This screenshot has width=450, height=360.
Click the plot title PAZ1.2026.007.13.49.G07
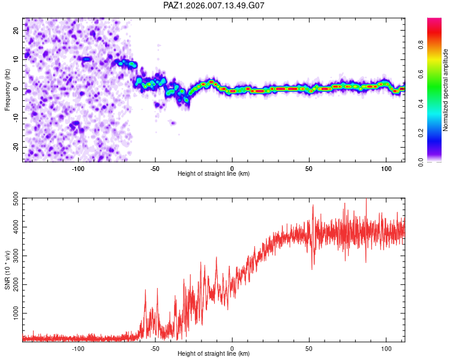(x=214, y=5)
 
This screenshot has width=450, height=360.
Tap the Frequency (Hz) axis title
(x=8, y=90)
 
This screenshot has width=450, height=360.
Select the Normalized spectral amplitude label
(x=446, y=90)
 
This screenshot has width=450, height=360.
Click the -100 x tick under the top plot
(x=77, y=169)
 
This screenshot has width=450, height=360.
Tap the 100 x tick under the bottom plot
(x=385, y=348)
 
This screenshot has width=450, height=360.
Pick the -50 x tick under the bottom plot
(x=154, y=348)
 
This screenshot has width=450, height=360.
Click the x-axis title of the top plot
(x=214, y=174)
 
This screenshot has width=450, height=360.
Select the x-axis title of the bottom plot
(x=214, y=354)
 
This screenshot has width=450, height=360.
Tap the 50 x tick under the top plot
(x=308, y=169)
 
